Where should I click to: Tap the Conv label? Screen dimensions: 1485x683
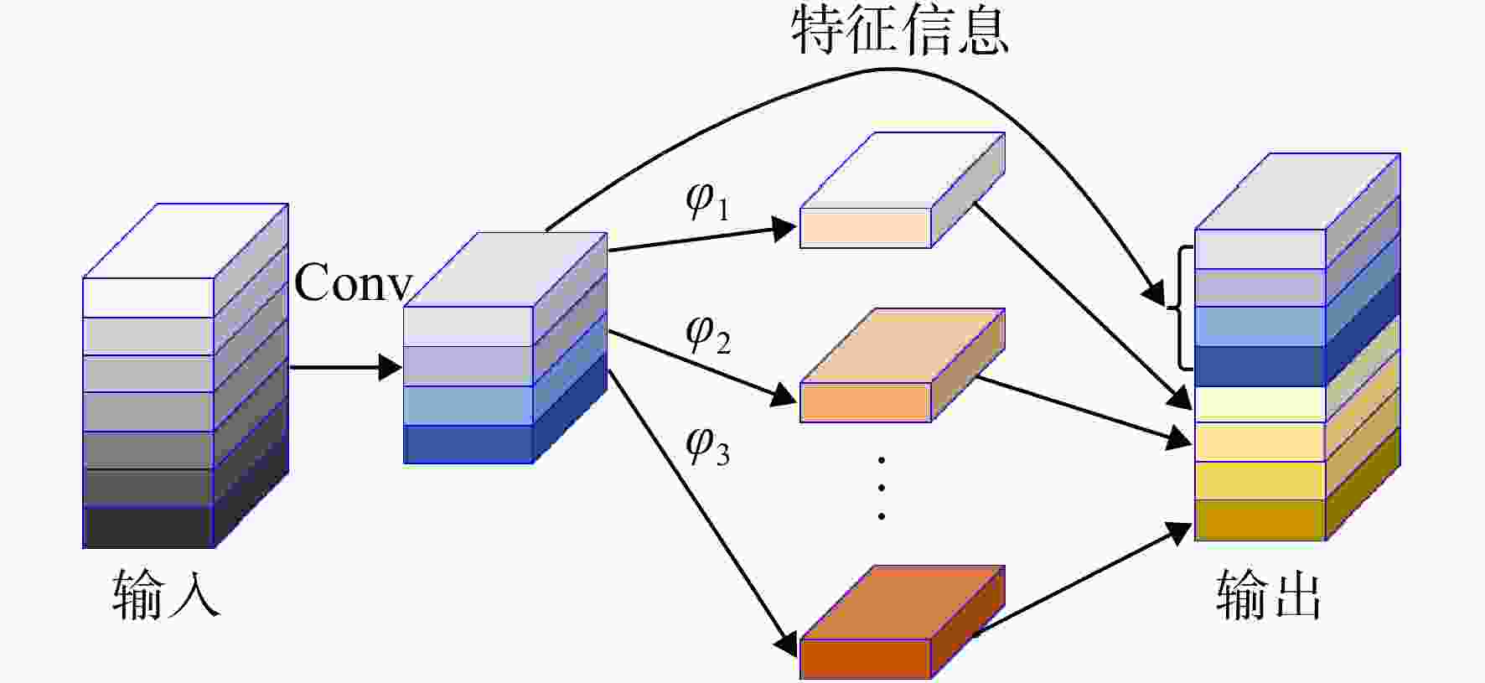pyautogui.click(x=354, y=282)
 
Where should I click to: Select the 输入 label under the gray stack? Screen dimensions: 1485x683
pyautogui.click(x=166, y=594)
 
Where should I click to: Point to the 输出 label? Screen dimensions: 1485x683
pyautogui.click(x=1269, y=594)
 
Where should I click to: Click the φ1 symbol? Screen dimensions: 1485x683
pyautogui.click(x=708, y=202)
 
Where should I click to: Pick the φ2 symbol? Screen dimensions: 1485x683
pyautogui.click(x=708, y=334)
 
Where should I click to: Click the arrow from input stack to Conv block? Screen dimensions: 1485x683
pyautogui.click(x=346, y=367)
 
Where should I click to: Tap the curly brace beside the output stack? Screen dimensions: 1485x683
pyautogui.click(x=1180, y=308)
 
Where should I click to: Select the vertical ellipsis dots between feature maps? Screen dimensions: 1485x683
pyautogui.click(x=882, y=488)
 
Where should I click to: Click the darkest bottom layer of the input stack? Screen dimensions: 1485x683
pyautogui.click(x=148, y=526)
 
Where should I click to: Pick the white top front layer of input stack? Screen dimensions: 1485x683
pyautogui.click(x=148, y=298)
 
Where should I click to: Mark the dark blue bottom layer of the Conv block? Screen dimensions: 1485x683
pyautogui.click(x=468, y=444)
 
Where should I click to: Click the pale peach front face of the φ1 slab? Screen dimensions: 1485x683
pyautogui.click(x=866, y=228)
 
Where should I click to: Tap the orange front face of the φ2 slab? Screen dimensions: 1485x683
pyautogui.click(x=866, y=402)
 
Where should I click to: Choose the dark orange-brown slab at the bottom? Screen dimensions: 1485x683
pyautogui.click(x=903, y=623)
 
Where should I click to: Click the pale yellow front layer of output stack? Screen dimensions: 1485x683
pyautogui.click(x=1260, y=405)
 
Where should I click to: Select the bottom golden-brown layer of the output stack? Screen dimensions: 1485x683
pyautogui.click(x=1260, y=520)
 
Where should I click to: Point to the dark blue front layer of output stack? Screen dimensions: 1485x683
pyautogui.click(x=1260, y=366)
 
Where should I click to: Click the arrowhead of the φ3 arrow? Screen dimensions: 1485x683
pyautogui.click(x=786, y=644)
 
